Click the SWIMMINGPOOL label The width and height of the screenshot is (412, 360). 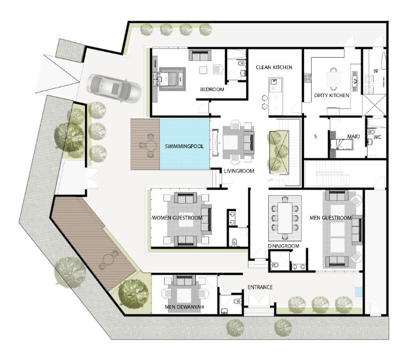click(x=184, y=147)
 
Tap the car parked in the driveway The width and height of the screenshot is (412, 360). click(x=114, y=88)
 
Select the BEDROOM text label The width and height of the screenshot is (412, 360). click(x=212, y=89)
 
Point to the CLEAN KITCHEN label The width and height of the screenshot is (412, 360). click(x=274, y=67)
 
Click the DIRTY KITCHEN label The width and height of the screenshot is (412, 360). click(x=331, y=95)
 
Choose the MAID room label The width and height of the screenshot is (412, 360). click(x=353, y=137)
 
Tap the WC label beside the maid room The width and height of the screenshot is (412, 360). click(x=377, y=137)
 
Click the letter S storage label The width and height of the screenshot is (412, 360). click(x=315, y=137)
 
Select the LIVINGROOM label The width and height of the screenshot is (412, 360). click(x=239, y=171)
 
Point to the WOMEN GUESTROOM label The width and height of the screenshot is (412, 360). click(x=177, y=218)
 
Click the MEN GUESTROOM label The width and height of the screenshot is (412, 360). click(x=330, y=218)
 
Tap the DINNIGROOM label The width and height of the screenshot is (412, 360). click(x=284, y=246)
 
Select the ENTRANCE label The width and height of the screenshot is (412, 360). click(x=260, y=287)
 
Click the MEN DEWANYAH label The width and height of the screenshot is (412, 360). click(x=184, y=307)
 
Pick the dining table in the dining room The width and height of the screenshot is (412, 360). click(x=285, y=218)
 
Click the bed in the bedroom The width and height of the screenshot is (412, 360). click(x=168, y=78)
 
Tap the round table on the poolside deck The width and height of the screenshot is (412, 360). click(x=151, y=145)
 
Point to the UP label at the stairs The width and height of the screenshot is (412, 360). click(x=270, y=180)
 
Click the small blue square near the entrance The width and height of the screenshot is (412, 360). click(x=358, y=291)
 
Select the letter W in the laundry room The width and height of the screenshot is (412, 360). click(x=376, y=71)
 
